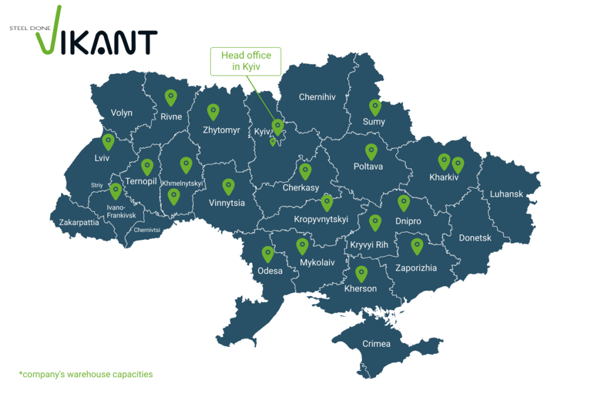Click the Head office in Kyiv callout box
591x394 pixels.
245,61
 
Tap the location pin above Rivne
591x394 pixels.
170,97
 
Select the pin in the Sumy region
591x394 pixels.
375,107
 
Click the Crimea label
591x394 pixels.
376,344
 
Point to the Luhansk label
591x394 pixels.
506,194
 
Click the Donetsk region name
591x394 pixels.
475,238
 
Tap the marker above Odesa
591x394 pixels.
268,254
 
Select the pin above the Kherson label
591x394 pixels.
361,273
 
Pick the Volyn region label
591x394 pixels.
121,112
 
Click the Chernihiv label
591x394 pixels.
317,97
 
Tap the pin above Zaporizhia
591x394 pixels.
417,246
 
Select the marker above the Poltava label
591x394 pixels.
371,151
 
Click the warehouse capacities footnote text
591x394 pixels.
86,374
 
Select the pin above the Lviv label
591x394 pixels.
109,141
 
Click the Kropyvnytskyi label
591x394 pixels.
321,219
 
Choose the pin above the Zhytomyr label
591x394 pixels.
213,111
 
